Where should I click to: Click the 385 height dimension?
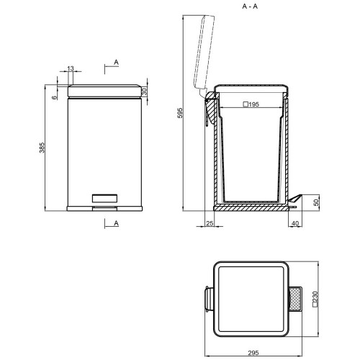(42, 148)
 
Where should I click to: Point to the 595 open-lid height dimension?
(180, 113)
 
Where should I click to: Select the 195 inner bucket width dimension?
(251, 104)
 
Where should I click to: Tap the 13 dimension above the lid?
(71, 68)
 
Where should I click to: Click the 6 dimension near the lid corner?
(55, 97)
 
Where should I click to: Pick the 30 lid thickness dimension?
(144, 91)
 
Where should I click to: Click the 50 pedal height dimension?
(317, 202)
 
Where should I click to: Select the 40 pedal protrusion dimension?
(295, 223)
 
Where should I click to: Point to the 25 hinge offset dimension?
(210, 223)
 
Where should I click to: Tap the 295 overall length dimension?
(253, 353)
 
